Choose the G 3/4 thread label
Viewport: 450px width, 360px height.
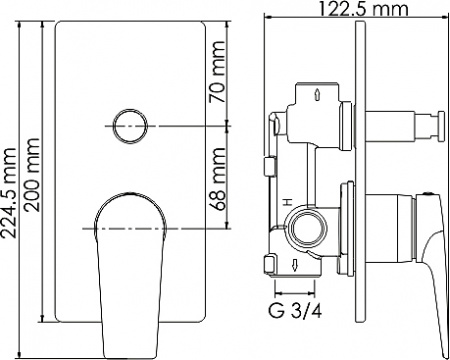[x=297, y=308]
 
